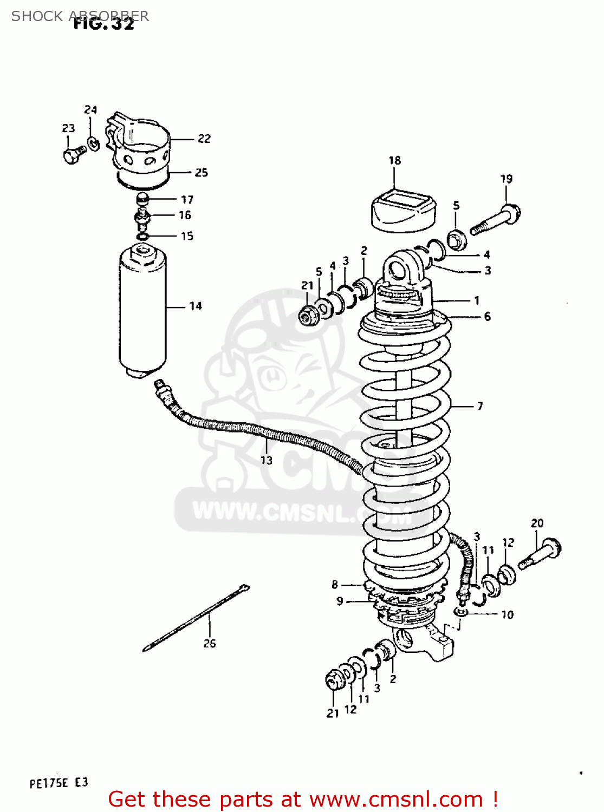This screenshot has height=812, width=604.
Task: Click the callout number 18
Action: click(x=394, y=160)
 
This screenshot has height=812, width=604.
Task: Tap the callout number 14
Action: click(x=196, y=306)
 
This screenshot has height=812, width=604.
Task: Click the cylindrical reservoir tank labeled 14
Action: click(x=142, y=311)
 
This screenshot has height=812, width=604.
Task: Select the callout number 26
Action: click(x=210, y=643)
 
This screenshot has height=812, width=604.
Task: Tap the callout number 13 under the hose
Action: click(x=266, y=460)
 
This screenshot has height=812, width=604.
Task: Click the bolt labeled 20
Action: click(x=540, y=555)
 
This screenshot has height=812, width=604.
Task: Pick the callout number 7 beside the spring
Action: click(x=480, y=406)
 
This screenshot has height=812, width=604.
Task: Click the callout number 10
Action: click(x=507, y=614)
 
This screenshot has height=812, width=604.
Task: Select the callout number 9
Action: click(x=340, y=601)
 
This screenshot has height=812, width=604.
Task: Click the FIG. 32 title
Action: click(x=103, y=24)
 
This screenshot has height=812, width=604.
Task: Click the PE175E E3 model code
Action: click(x=59, y=783)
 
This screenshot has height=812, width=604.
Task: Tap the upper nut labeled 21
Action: click(x=309, y=315)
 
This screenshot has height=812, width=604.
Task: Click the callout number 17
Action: click(x=187, y=200)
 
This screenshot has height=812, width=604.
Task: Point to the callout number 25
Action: click(x=201, y=172)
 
